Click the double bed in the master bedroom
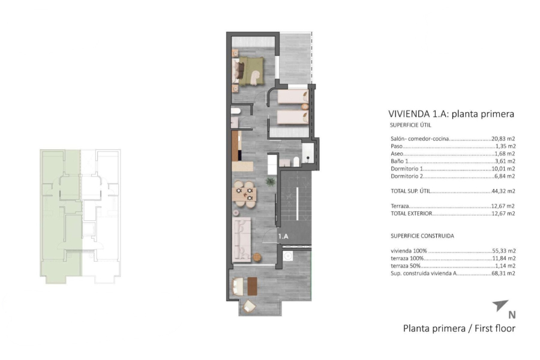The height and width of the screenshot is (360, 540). [250, 69]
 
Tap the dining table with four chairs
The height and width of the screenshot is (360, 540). [244, 193]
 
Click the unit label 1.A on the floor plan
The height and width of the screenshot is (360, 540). [284, 236]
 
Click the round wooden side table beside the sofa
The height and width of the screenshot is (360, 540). [257, 257]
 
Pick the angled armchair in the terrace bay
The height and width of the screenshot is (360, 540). [248, 307]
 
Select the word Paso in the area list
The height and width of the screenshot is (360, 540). [396, 146]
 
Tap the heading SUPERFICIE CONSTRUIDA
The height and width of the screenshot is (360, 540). [422, 236]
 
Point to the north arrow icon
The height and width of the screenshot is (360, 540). [500, 307]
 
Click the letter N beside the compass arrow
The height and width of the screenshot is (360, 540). [512, 314]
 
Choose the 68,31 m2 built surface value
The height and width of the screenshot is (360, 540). [503, 273]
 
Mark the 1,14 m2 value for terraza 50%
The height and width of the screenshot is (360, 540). [505, 266]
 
